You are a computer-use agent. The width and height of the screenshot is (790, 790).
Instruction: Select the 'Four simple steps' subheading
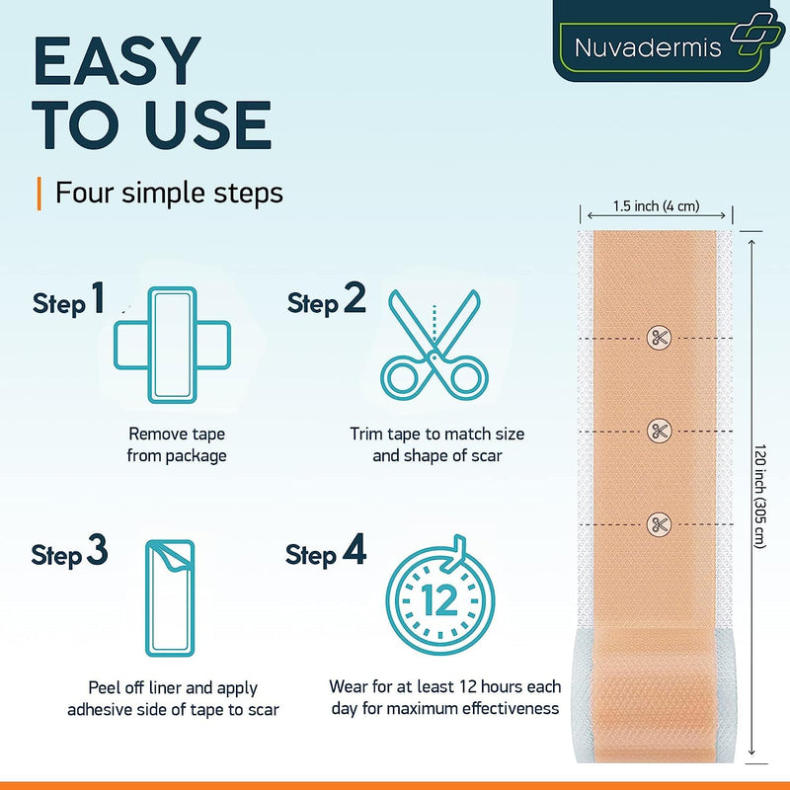point(169,192)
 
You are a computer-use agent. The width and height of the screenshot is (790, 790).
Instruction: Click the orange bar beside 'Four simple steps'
point(39,192)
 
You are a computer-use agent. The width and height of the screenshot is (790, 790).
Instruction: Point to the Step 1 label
point(68,301)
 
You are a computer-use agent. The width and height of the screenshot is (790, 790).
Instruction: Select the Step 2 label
point(327,301)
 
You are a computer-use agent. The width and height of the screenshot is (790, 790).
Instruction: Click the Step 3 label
point(69,554)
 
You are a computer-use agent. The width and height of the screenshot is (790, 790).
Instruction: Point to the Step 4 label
point(326,554)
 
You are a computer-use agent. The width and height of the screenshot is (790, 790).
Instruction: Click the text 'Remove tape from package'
point(178,444)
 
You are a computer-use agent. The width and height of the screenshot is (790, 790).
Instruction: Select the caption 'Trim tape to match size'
point(436,434)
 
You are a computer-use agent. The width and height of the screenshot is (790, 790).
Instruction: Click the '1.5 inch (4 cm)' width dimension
point(657,206)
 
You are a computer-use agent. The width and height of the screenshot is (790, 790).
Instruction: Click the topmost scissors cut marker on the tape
point(658,339)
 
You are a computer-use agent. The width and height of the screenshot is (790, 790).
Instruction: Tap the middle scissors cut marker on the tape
point(658,431)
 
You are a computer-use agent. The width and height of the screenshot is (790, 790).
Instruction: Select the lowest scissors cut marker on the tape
point(658,522)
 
